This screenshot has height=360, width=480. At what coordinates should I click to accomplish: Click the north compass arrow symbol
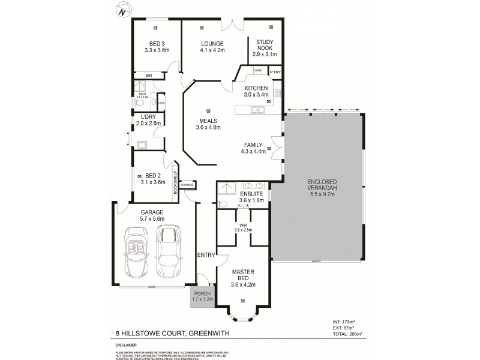coord(123,10)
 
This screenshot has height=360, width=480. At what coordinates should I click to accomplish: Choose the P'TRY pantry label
coord(275,71)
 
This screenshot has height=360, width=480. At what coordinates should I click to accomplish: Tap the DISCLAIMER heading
coord(127,345)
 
